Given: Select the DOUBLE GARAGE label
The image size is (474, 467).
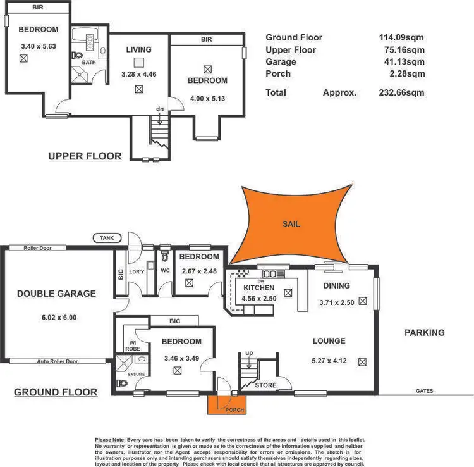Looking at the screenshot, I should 57,294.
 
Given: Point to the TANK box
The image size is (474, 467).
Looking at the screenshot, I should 105,238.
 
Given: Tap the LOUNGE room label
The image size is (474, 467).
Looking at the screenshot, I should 329,341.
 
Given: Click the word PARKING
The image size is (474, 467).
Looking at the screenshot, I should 425,333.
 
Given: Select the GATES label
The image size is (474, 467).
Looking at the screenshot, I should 424,391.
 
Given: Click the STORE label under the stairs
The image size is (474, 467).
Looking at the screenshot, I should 265,385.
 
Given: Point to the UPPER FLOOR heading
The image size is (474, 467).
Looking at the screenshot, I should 85,156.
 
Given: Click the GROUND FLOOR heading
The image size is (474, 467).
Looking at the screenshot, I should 56,392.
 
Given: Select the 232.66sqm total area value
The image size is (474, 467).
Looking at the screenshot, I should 401,93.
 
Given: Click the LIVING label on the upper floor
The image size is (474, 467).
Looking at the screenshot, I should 138,49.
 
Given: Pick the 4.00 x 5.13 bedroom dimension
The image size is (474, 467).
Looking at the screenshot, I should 207,99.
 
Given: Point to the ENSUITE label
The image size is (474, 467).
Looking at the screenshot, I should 137,374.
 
